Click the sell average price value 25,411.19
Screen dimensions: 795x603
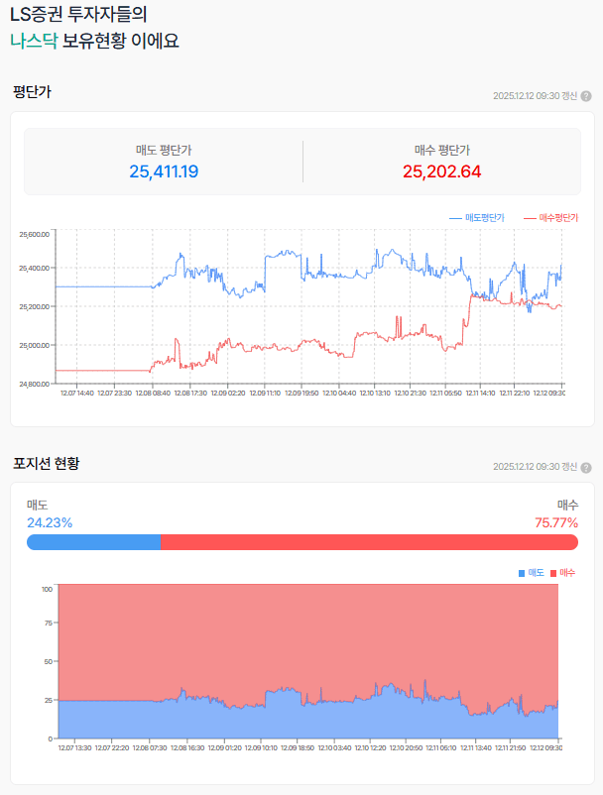[x=164, y=171]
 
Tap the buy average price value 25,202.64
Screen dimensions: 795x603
[x=441, y=171]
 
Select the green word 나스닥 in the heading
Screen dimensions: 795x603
[x=34, y=42]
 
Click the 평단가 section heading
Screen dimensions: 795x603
[x=32, y=92]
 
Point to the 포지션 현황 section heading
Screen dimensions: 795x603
[x=46, y=462]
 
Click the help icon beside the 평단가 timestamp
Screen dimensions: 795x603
[x=586, y=96]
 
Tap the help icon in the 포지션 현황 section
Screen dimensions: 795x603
[x=586, y=467]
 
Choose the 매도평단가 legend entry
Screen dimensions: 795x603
[x=477, y=217]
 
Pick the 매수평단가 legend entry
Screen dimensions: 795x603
[x=550, y=217]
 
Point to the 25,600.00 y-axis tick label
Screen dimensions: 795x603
[x=34, y=235]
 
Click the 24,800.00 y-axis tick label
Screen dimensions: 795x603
[x=34, y=384]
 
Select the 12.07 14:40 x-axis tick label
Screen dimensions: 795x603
[x=76, y=394]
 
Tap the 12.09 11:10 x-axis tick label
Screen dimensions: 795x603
[x=264, y=394]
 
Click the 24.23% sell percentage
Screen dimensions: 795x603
[x=50, y=522]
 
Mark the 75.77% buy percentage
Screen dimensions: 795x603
[x=556, y=522]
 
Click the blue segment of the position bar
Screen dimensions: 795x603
[x=93, y=542]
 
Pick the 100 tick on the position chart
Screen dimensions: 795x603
[x=47, y=589]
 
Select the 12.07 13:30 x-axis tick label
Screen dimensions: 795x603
[x=74, y=748]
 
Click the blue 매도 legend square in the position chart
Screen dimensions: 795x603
[x=522, y=573]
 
